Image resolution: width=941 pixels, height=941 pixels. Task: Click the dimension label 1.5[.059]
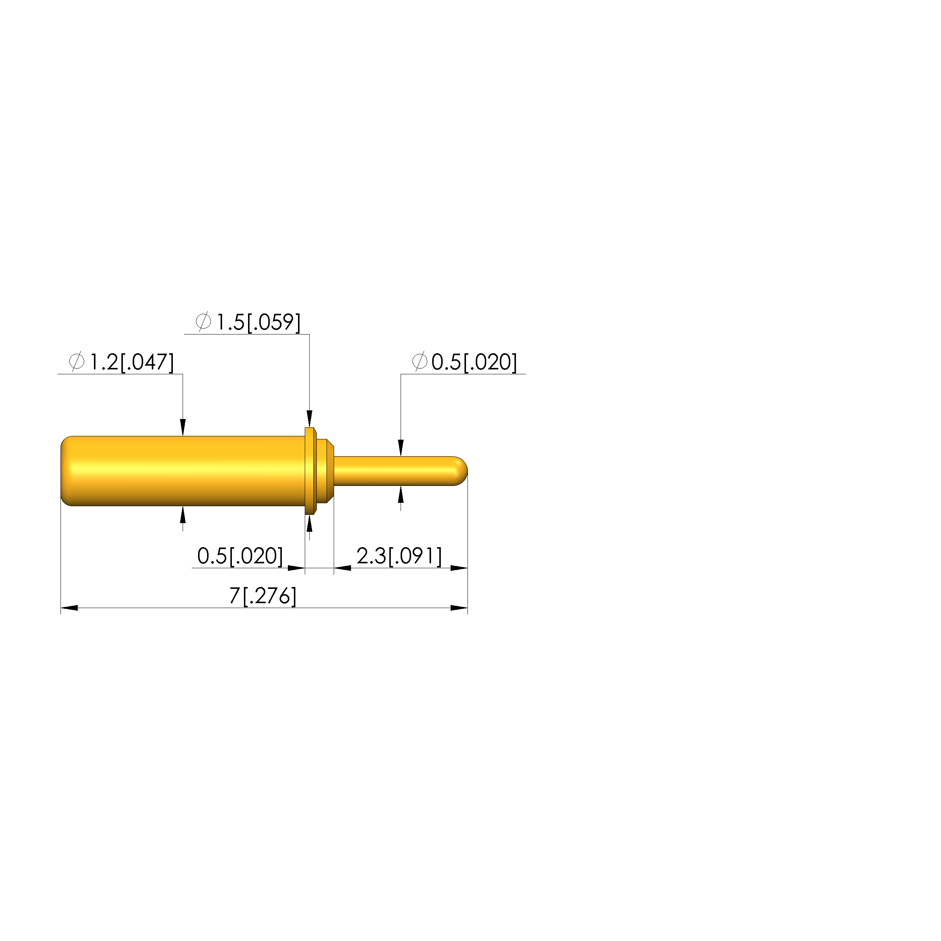tap(258, 322)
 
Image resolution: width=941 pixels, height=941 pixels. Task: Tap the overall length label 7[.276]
tap(263, 596)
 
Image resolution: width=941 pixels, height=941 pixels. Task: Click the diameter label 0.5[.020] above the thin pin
tap(474, 362)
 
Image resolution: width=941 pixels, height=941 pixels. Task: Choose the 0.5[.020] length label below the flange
tap(240, 556)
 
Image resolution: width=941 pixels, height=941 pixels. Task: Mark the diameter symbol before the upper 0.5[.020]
tap(419, 362)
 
